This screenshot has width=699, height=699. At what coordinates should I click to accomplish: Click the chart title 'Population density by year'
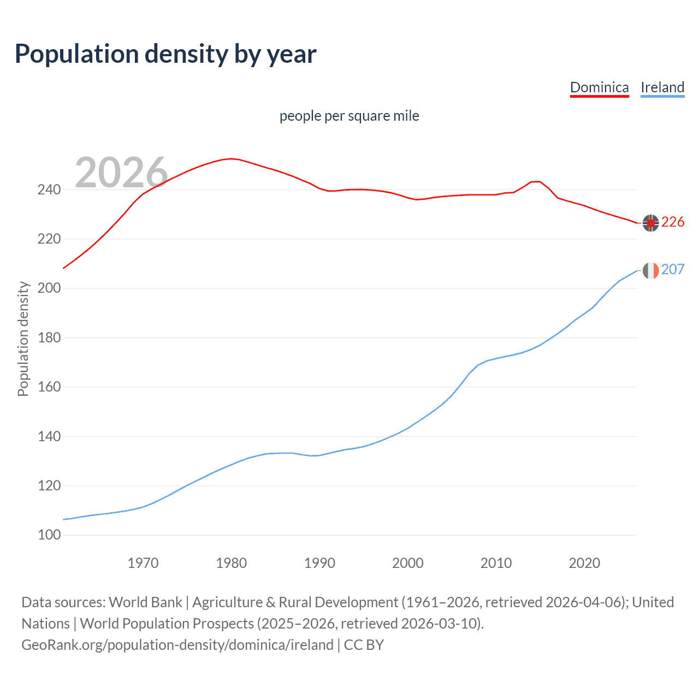(165, 54)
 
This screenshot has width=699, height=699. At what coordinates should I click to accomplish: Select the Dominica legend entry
(599, 87)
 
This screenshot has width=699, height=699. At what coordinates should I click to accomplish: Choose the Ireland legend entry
(662, 87)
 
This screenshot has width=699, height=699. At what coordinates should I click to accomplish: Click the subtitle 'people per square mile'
(349, 116)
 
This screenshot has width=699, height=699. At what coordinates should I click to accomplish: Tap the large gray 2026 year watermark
(121, 173)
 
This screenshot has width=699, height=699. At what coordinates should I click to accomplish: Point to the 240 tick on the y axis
(49, 189)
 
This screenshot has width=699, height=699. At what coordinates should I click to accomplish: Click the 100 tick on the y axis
(49, 535)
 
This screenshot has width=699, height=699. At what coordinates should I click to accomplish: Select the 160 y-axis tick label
(49, 387)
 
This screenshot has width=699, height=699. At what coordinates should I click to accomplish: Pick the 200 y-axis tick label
(49, 288)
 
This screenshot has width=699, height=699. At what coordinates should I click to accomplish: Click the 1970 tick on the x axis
(143, 563)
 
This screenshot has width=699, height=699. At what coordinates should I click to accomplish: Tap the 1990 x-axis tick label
(319, 563)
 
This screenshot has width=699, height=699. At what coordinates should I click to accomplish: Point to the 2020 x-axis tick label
(584, 563)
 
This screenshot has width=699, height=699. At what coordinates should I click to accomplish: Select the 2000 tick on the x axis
(407, 563)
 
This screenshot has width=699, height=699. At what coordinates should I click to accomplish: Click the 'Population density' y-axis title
(23, 339)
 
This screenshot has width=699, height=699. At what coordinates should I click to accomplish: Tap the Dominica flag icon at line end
(650, 223)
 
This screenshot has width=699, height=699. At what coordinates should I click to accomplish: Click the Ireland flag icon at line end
(650, 270)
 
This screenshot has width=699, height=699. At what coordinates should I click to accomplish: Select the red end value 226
(673, 222)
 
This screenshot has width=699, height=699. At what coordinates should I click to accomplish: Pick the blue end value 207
(673, 269)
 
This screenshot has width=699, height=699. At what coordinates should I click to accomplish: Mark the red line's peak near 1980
(231, 158)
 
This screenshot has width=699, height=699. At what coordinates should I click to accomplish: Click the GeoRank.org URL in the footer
(177, 644)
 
